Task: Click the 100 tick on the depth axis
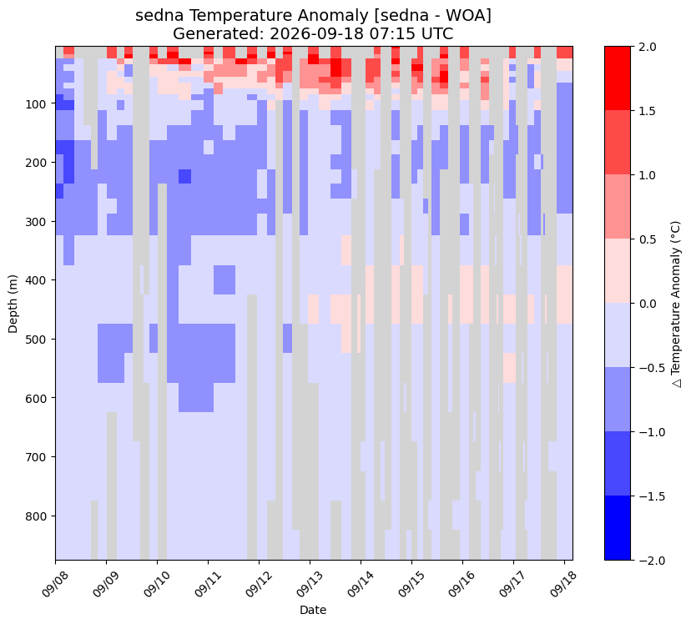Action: tap(43, 104)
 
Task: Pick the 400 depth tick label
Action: tap(43, 280)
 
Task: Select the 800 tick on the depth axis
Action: tap(43, 516)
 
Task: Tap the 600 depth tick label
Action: tap(43, 398)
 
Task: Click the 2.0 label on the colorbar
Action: tap(647, 47)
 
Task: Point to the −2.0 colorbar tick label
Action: tap(643, 560)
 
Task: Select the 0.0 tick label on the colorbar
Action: tap(647, 304)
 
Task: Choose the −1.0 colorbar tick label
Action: tap(643, 432)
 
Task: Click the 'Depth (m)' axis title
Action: tap(13, 304)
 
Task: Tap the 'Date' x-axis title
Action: tap(313, 610)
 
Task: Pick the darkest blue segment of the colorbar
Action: tap(618, 528)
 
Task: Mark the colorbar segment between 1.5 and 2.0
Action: tap(618, 78)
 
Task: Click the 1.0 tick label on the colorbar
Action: tap(647, 175)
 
